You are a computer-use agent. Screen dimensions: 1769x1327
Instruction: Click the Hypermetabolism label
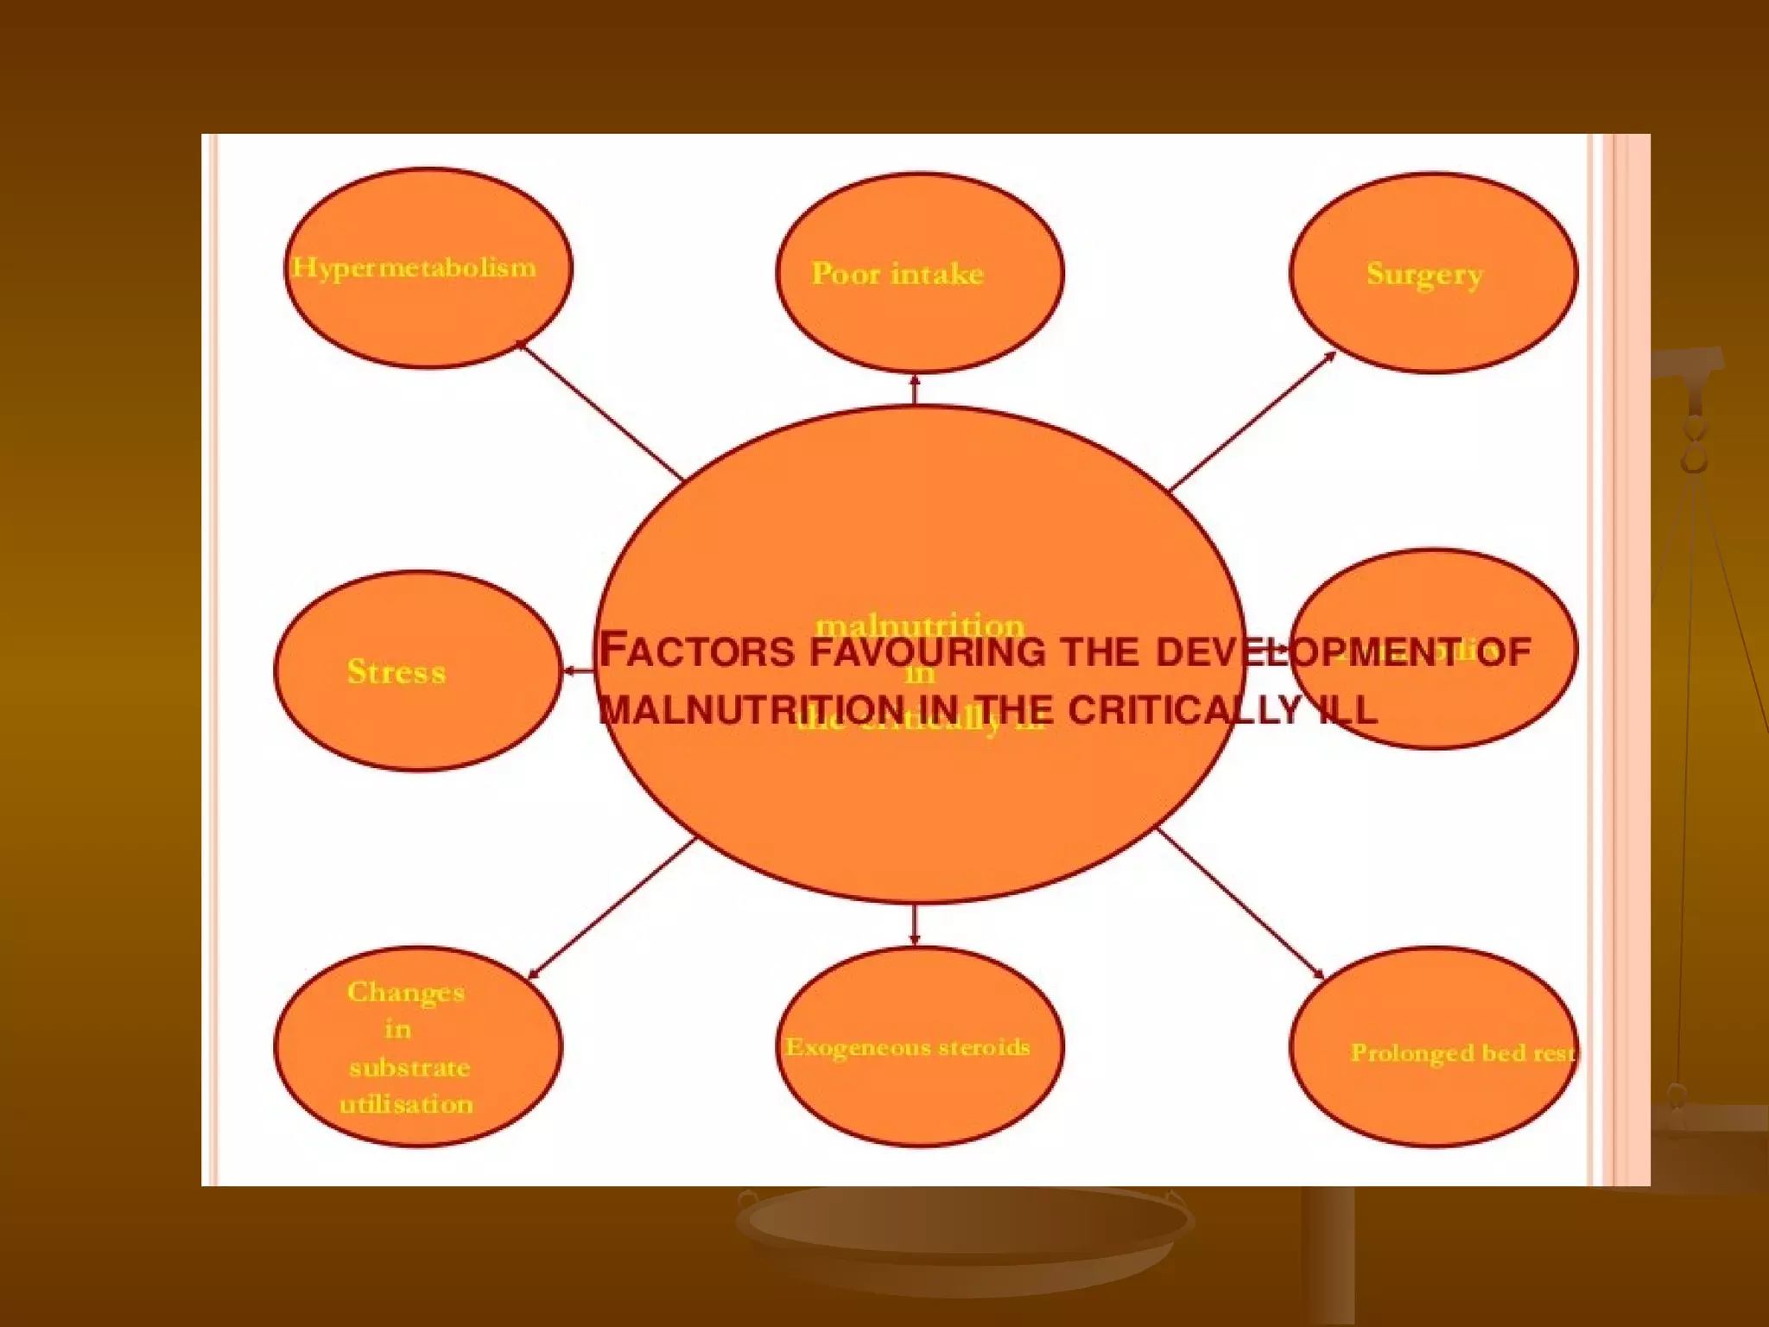[x=414, y=268]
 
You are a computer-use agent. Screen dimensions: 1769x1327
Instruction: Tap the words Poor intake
[x=897, y=274]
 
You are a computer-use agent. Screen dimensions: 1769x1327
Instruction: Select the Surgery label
[x=1424, y=274]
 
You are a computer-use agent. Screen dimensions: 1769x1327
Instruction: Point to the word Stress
[x=396, y=671]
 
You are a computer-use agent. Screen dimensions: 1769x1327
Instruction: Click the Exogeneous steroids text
[x=907, y=1047]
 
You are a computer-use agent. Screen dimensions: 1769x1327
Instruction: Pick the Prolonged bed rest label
[x=1461, y=1052]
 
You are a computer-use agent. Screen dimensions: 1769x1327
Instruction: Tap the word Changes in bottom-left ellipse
[x=405, y=992]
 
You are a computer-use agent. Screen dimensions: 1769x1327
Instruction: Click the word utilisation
[x=406, y=1104]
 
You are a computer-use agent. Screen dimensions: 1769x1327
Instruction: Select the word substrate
[x=409, y=1068]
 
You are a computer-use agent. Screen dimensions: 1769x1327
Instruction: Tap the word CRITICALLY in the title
[x=1184, y=710]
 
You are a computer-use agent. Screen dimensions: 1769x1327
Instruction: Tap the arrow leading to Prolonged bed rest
[x=1241, y=903]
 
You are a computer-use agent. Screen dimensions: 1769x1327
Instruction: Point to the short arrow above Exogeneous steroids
[x=915, y=924]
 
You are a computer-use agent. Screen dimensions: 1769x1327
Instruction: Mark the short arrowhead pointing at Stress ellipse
[x=572, y=670]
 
